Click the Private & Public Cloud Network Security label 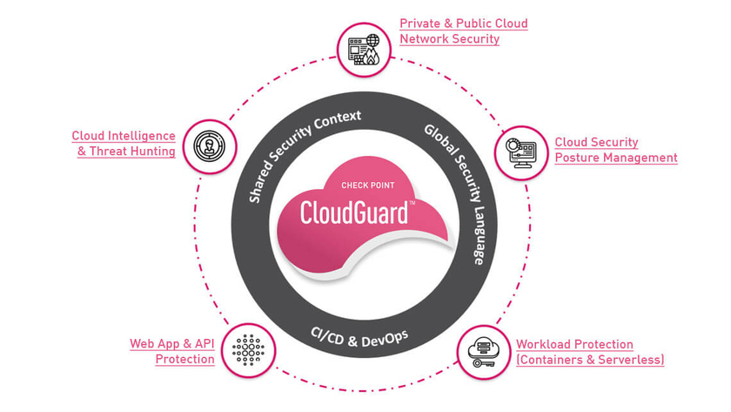[463, 30]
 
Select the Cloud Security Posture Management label [615, 150]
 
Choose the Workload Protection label [589, 352]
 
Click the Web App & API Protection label [171, 351]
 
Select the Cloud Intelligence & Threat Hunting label [123, 144]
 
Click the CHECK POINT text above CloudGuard [366, 185]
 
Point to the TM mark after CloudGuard [412, 203]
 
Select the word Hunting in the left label [152, 152]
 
